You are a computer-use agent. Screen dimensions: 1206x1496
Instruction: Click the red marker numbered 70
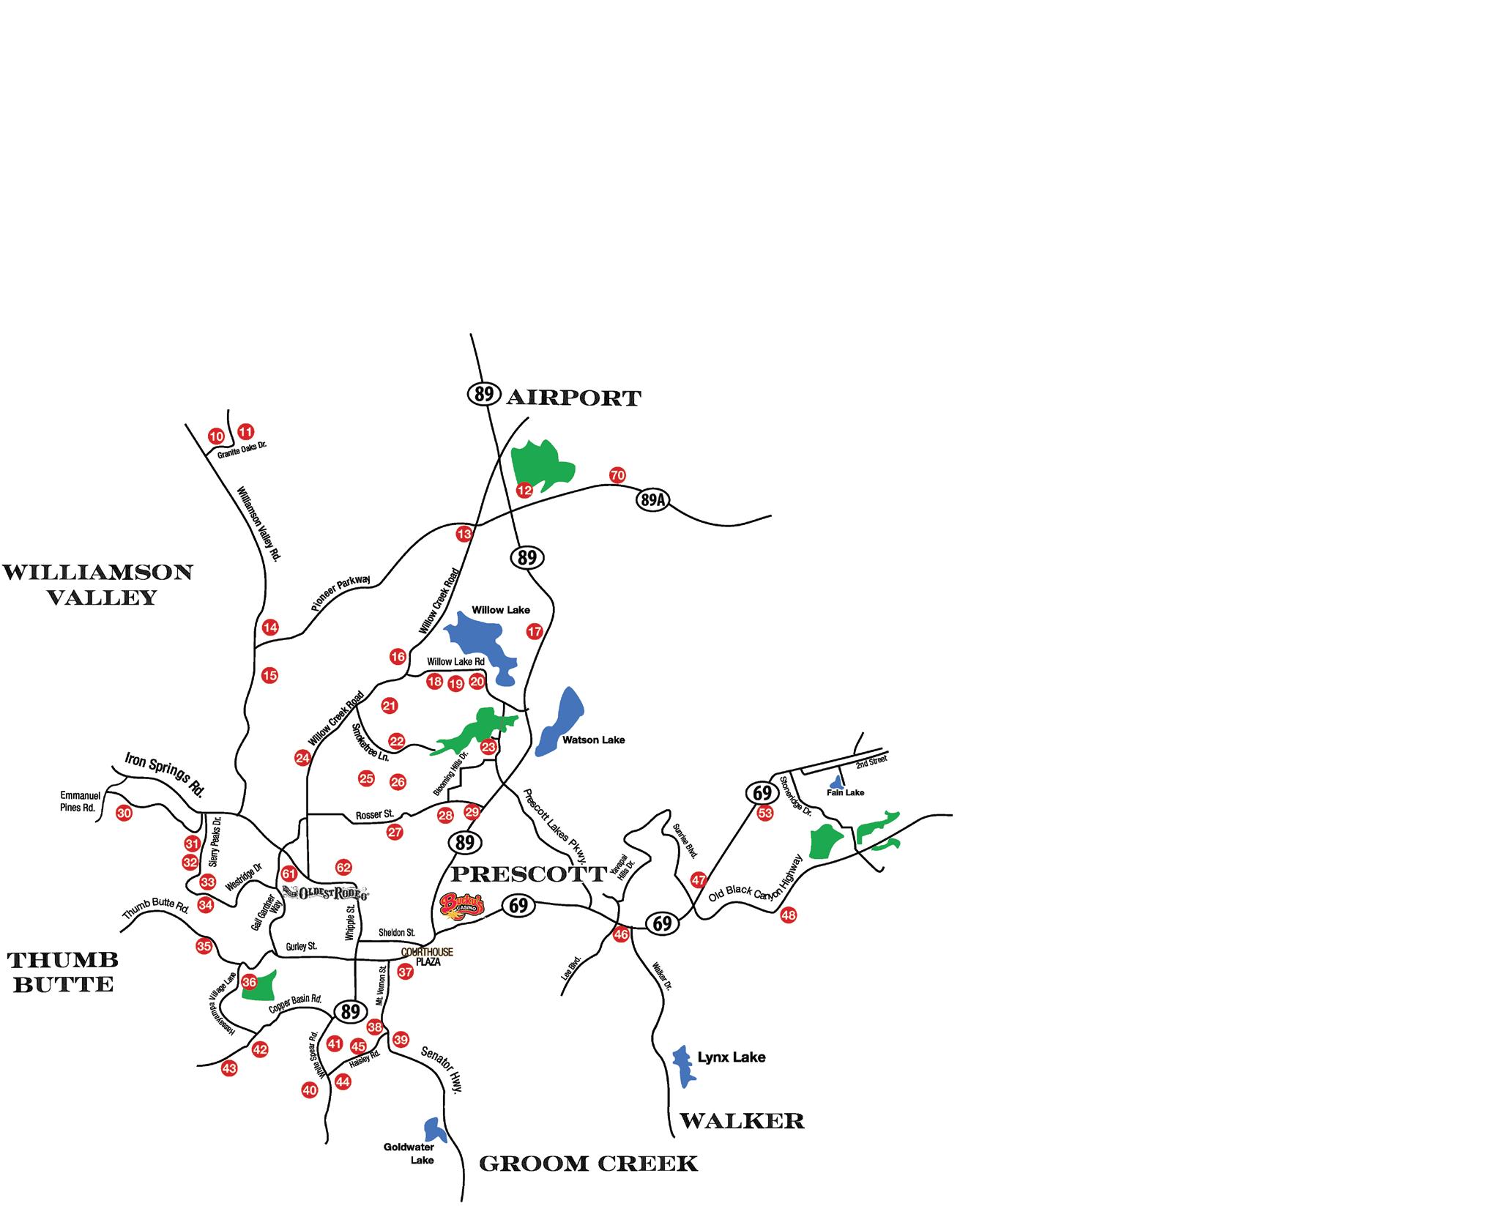coord(617,475)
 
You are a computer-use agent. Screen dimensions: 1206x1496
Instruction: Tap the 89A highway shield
coord(652,501)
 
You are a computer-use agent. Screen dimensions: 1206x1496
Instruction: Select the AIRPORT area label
coord(573,398)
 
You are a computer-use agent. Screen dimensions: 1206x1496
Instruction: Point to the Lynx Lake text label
coord(731,1057)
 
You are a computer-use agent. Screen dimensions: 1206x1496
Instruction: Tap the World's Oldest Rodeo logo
coord(325,893)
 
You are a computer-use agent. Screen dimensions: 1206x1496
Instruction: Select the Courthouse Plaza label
coord(428,957)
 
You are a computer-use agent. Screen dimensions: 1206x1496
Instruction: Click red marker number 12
coord(524,490)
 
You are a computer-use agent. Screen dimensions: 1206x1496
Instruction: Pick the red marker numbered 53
coord(765,813)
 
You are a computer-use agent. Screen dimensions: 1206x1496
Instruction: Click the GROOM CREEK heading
coord(588,1164)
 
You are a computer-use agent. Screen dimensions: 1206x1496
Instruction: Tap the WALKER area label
coord(742,1120)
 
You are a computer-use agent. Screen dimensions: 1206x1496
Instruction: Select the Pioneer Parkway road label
coord(340,595)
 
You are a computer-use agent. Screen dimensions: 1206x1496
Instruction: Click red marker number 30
coord(124,813)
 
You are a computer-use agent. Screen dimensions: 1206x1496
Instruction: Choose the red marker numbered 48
coord(788,915)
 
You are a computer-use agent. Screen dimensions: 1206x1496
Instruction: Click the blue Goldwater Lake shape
coord(431,1128)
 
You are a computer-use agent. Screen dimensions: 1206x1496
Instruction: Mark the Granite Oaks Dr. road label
coord(242,450)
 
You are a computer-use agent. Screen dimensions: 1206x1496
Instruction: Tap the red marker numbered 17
coord(535,631)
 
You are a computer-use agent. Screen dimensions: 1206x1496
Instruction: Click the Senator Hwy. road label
coord(442,1069)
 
